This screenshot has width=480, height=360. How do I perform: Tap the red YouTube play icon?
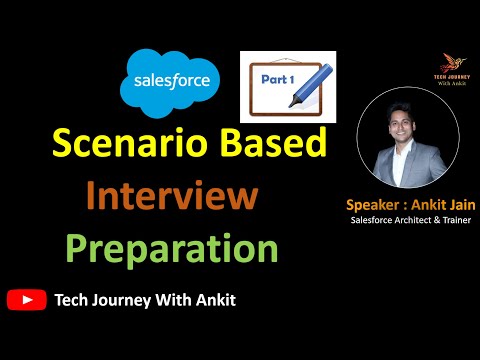pos(25,298)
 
